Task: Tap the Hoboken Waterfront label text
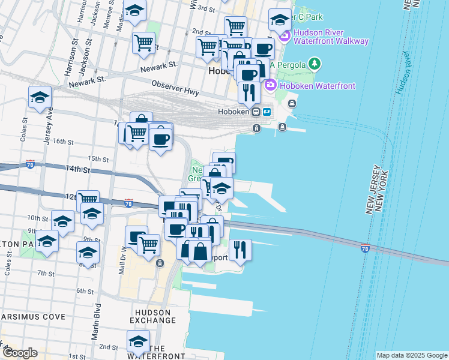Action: pyautogui.click(x=316, y=86)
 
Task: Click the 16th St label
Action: pyautogui.click(x=63, y=142)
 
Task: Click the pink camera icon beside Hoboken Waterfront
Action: pyautogui.click(x=270, y=86)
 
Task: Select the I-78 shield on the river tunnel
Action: pyautogui.click(x=364, y=248)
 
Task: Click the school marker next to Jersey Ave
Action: pyautogui.click(x=40, y=97)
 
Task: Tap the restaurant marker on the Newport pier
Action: pyautogui.click(x=240, y=249)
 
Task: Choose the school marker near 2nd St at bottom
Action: pyautogui.click(x=139, y=341)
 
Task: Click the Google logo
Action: pyautogui.click(x=20, y=353)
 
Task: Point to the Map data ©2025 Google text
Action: pyautogui.click(x=411, y=355)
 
